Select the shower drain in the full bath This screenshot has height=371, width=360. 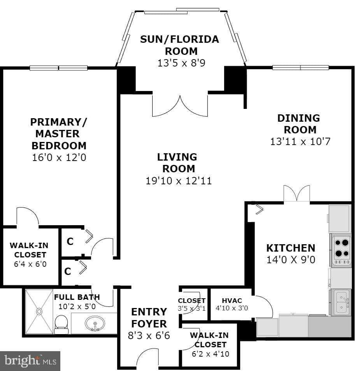pos(39,311)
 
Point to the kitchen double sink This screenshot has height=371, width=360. pos(341,303)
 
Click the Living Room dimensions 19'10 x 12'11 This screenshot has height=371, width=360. pos(179,180)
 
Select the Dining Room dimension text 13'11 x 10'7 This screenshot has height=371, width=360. pos(300,141)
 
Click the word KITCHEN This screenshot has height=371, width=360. pos(290,248)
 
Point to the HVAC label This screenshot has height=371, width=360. pos(232,301)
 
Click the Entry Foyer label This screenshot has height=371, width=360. pos(149,318)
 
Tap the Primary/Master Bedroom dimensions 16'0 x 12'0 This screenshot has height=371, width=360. pos(59,158)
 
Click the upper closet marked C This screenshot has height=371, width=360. pos(70,241)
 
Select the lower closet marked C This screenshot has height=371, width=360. pos(68,271)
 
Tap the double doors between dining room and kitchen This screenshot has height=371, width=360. pos(297,194)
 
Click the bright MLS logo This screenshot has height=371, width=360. pos(30,361)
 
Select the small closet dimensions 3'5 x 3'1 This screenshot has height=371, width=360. pos(191,309)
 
